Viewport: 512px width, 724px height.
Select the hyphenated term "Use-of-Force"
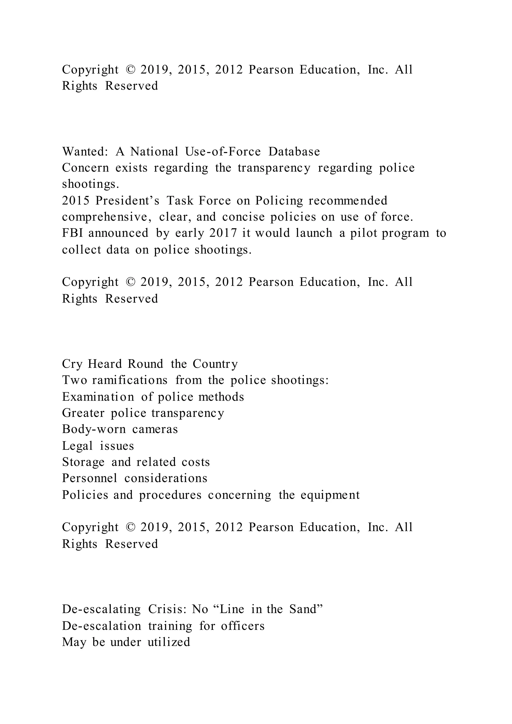(x=222, y=152)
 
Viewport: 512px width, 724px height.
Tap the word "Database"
(x=294, y=152)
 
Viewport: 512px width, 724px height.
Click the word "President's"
(x=127, y=200)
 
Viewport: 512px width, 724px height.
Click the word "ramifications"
(x=129, y=380)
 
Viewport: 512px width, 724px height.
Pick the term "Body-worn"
(x=94, y=429)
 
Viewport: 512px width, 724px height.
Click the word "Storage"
(x=83, y=462)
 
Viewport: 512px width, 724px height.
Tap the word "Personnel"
(x=89, y=478)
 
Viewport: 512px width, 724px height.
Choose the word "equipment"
(x=330, y=495)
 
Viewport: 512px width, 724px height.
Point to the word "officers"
(x=243, y=625)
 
